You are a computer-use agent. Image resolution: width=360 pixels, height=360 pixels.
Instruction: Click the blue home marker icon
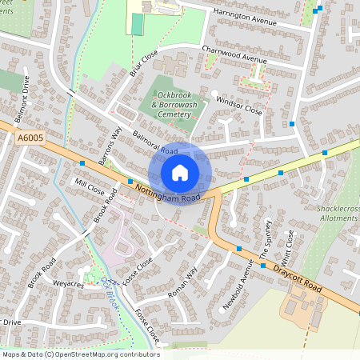pyautogui.click(x=180, y=173)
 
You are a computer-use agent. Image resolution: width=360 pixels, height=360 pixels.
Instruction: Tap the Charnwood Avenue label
pyautogui.click(x=234, y=59)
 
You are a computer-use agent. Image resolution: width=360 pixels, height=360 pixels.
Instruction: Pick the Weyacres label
pyautogui.click(x=68, y=283)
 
